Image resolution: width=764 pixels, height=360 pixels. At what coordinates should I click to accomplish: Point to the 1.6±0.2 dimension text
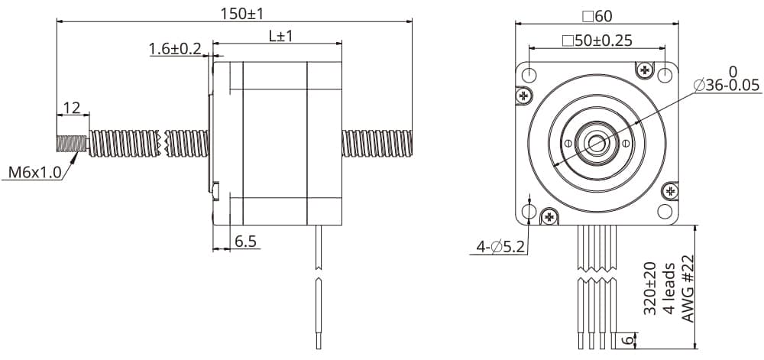point(175,50)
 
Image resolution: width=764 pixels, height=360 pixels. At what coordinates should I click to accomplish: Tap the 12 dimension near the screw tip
point(72,108)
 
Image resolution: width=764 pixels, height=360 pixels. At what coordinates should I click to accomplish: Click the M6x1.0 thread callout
point(34,172)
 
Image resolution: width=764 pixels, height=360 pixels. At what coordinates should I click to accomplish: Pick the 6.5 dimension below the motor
point(245,242)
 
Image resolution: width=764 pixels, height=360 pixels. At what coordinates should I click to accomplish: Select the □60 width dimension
point(597,15)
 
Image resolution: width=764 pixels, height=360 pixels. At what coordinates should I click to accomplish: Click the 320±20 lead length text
point(649,288)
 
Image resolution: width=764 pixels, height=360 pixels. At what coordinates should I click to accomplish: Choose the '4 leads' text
point(669,288)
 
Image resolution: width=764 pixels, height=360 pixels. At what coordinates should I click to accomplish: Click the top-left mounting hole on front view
point(529,74)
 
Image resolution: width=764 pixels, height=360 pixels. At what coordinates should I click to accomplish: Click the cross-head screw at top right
point(646,70)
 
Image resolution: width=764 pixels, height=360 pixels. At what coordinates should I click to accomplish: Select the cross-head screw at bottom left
point(549,216)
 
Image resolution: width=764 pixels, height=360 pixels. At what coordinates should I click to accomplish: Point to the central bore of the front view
point(597,142)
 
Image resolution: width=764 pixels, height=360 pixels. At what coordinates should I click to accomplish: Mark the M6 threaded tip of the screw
point(73,143)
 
